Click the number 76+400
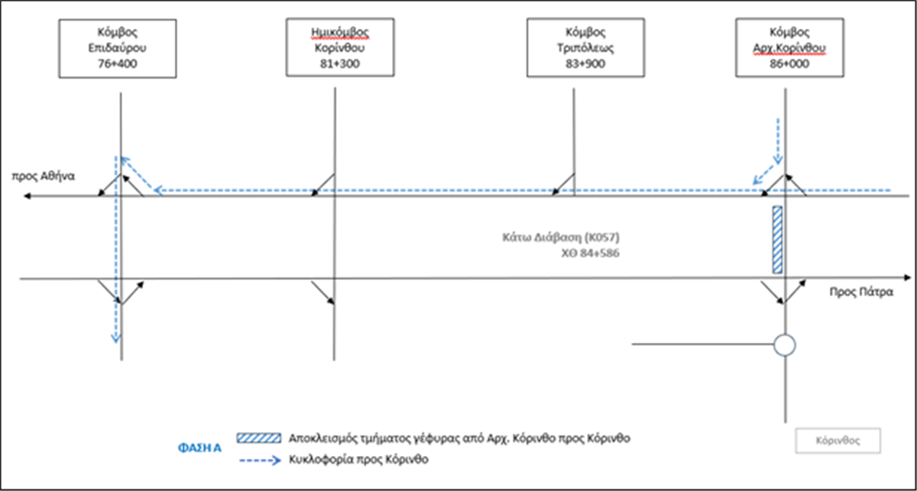click(x=118, y=64)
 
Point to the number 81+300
click(x=340, y=64)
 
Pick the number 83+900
click(x=585, y=64)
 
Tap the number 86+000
click(x=789, y=64)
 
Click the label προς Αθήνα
click(x=44, y=176)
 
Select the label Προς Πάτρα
click(x=861, y=292)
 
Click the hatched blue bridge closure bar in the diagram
click(x=777, y=240)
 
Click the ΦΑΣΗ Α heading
click(x=199, y=448)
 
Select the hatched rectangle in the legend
click(x=259, y=438)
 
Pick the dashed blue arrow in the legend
click(x=260, y=460)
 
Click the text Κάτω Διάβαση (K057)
click(x=561, y=237)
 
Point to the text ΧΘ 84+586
click(x=590, y=254)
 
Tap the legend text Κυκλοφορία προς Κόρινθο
click(x=358, y=460)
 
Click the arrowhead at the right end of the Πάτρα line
click(x=908, y=278)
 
